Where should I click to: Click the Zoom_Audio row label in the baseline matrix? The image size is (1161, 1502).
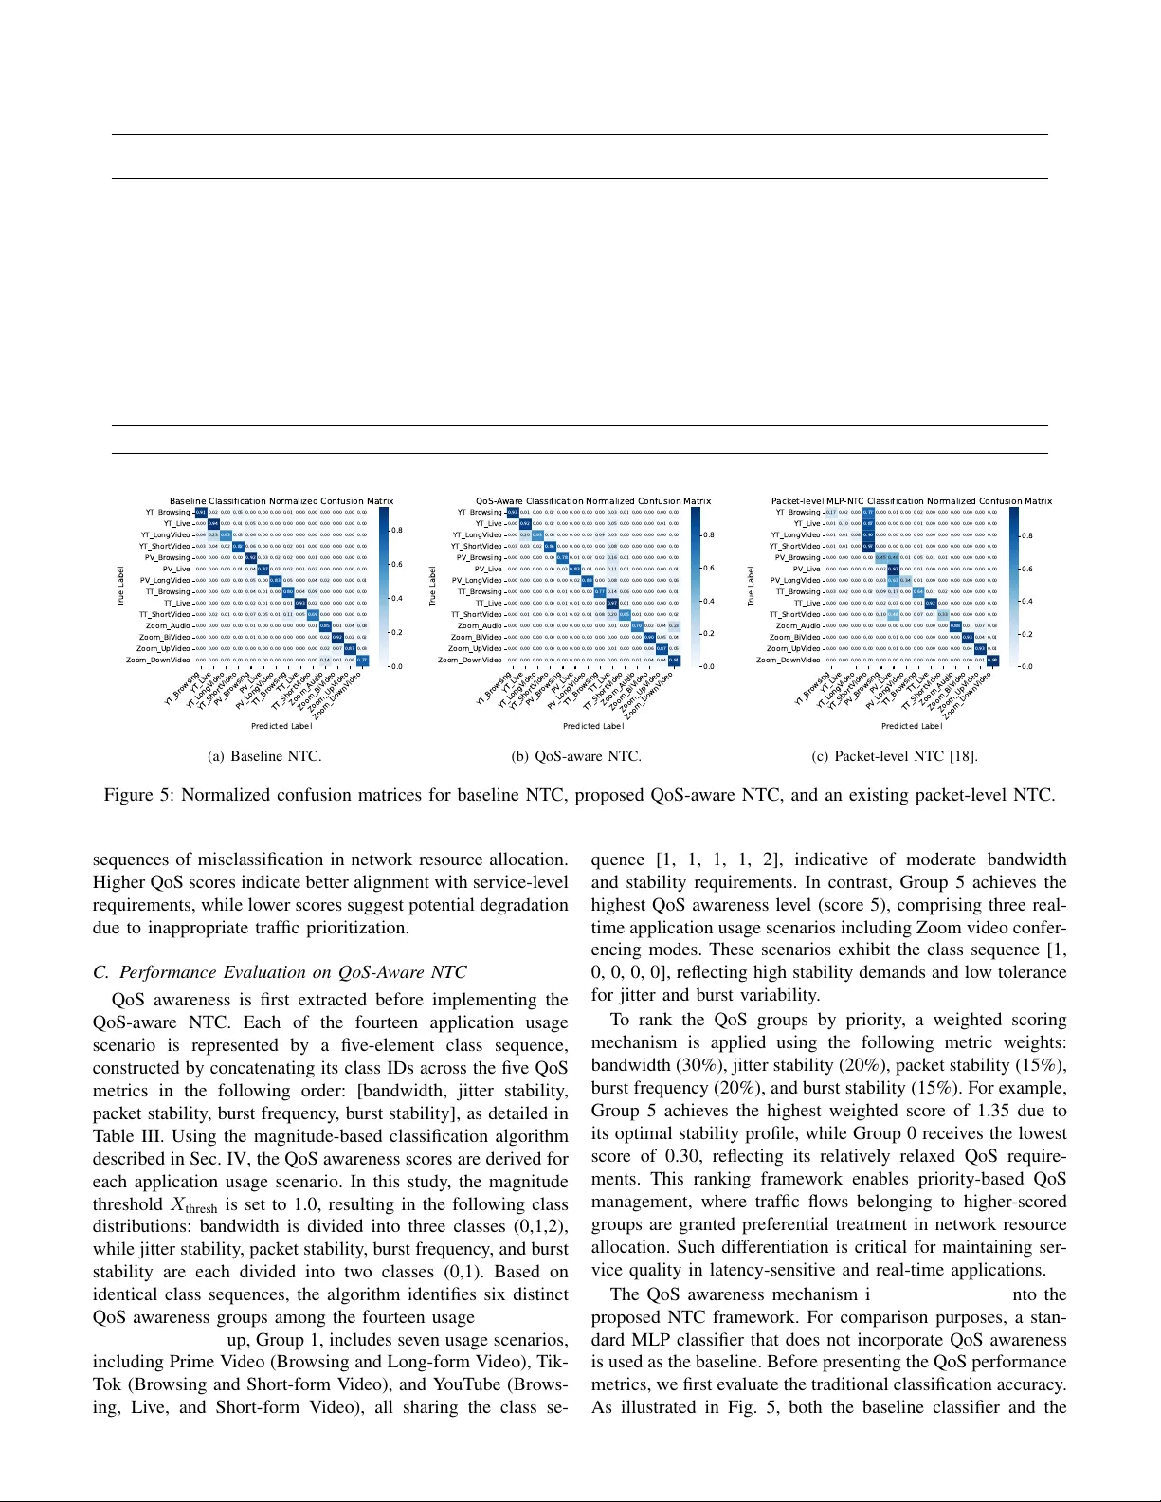168,626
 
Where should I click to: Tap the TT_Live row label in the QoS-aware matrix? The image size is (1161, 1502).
488,604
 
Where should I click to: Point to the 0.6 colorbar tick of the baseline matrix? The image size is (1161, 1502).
397,565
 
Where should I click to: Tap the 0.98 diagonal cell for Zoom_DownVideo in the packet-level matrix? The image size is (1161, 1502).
992,661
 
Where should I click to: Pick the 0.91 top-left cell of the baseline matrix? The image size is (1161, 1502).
201,513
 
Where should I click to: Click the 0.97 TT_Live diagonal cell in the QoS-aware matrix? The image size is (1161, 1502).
612,604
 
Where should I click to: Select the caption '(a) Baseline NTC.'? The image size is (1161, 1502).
264,756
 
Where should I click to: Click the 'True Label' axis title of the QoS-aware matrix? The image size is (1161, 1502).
433,587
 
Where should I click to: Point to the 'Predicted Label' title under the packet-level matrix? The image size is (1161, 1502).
911,726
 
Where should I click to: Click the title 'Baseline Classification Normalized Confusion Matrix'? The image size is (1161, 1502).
281,501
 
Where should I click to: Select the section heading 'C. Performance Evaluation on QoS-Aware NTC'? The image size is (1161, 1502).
280,972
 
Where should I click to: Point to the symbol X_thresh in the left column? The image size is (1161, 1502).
193,1205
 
